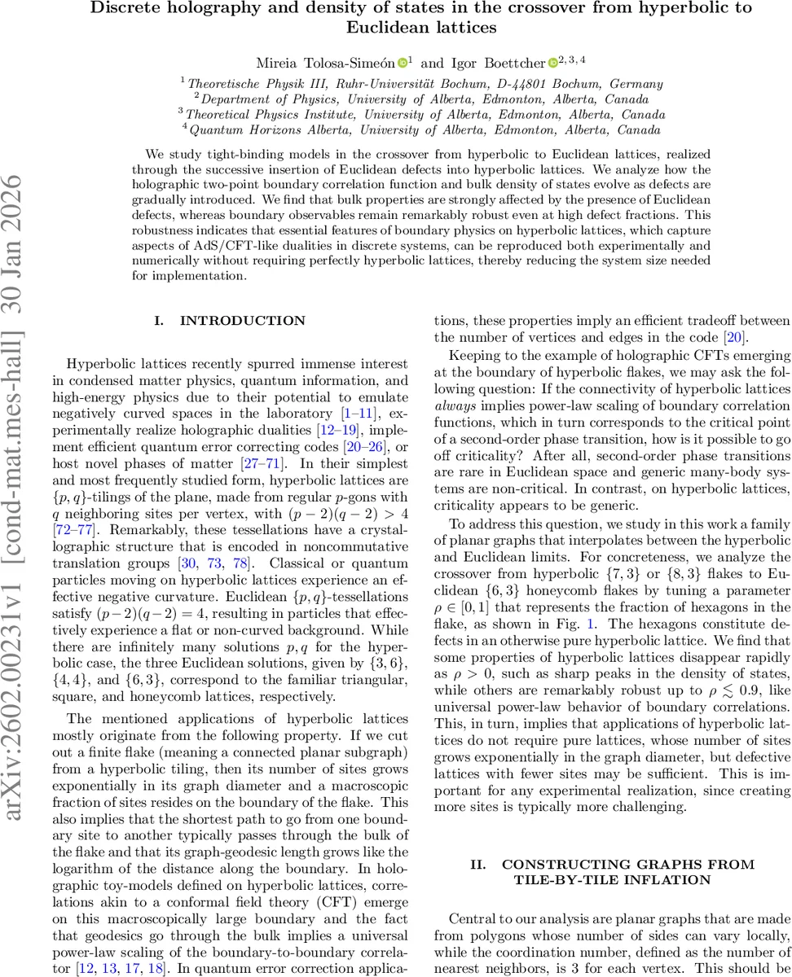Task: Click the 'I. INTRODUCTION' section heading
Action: tap(230, 321)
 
